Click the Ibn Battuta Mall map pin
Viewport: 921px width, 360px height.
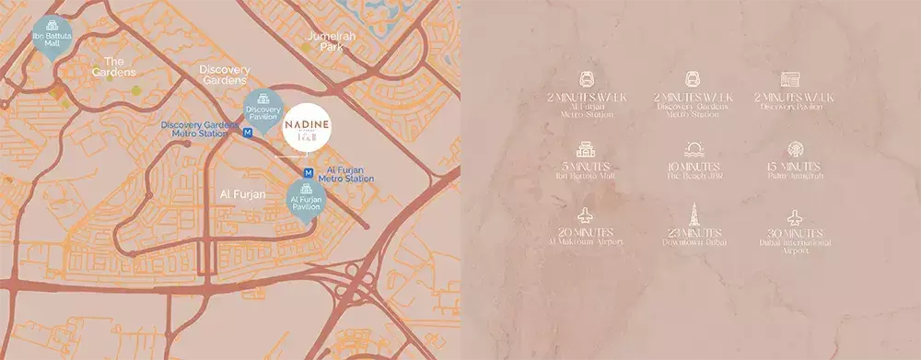point(52,37)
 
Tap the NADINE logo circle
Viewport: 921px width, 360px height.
point(305,130)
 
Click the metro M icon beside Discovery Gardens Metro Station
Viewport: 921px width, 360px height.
point(248,133)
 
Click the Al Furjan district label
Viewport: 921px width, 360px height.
point(243,194)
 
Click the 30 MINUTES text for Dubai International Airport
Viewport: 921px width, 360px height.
point(795,234)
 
